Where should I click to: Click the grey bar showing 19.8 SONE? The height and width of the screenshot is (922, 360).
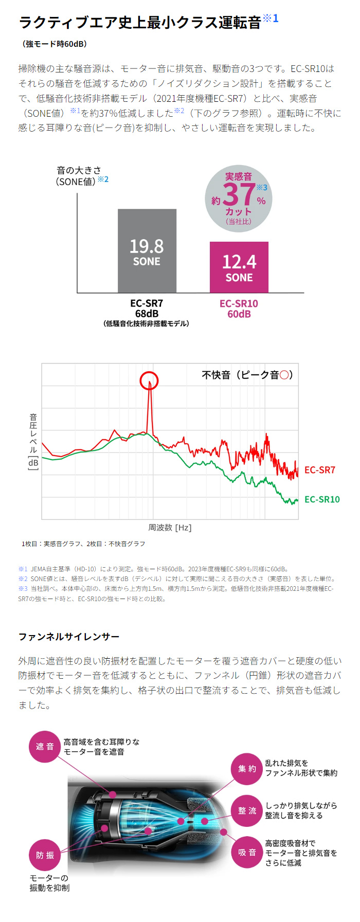click(x=147, y=251)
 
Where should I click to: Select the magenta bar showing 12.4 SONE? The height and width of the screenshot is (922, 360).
click(x=239, y=267)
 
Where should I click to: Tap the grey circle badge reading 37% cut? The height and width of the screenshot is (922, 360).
click(x=239, y=198)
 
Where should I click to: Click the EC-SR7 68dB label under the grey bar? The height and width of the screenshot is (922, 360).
click(x=147, y=309)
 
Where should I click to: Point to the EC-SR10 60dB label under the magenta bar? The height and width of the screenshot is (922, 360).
click(x=239, y=309)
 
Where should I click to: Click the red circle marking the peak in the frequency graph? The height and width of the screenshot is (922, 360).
click(x=149, y=381)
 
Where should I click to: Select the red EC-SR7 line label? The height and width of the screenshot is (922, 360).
click(x=319, y=470)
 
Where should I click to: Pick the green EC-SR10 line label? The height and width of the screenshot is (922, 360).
click(x=322, y=499)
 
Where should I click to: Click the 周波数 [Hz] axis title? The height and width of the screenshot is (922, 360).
click(x=170, y=528)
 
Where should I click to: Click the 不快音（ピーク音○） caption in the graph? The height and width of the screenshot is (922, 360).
click(x=247, y=375)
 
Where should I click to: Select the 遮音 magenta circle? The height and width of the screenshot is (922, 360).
click(x=45, y=747)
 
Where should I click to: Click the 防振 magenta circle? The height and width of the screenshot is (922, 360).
click(x=45, y=855)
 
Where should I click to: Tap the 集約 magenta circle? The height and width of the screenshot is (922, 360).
click(x=247, y=769)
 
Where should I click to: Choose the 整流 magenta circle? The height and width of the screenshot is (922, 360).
click(x=247, y=811)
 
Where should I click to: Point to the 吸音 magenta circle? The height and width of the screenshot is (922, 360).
click(x=247, y=852)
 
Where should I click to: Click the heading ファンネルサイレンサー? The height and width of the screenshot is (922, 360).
click(x=69, y=637)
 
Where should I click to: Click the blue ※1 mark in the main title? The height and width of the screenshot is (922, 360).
click(x=271, y=19)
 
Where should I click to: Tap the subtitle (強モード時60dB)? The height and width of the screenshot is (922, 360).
click(x=55, y=44)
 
